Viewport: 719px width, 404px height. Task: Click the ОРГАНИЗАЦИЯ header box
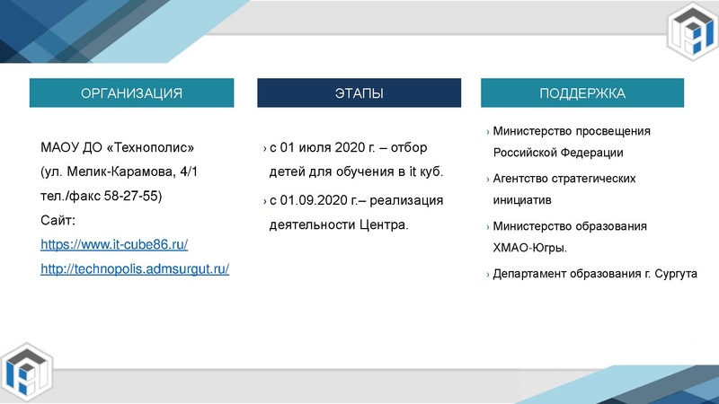click(x=131, y=93)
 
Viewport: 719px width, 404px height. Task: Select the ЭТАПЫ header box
click(x=359, y=93)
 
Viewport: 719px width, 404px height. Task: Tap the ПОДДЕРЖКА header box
click(x=581, y=93)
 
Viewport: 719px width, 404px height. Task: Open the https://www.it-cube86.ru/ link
click(x=114, y=244)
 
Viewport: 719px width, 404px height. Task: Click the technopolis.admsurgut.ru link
click(x=135, y=268)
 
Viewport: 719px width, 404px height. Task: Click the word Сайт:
click(x=58, y=220)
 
